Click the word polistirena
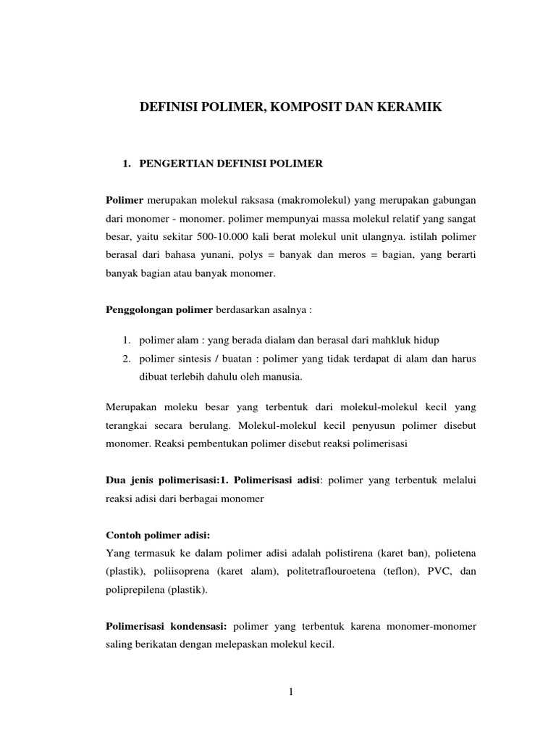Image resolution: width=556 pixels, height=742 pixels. [353, 554]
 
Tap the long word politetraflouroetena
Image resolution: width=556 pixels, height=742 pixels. [342, 572]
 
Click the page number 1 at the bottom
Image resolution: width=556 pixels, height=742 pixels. [291, 692]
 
